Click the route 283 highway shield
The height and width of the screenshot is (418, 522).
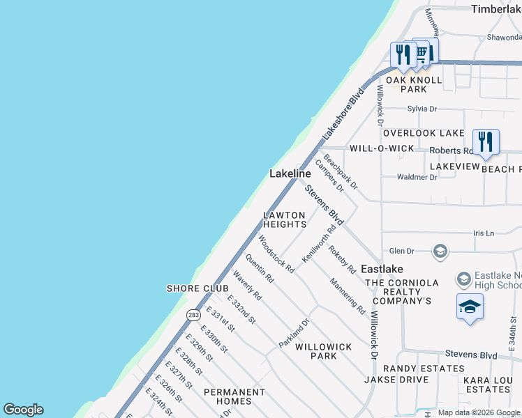pos(193,315)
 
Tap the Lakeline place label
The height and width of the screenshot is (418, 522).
pos(290,173)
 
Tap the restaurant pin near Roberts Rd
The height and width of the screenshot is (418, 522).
pos(486,142)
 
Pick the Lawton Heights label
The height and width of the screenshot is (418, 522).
pos(285,219)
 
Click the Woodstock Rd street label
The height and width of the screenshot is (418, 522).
pos(275,254)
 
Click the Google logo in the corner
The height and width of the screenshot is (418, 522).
pos(23,410)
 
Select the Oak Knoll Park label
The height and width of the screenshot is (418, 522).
pos(416,84)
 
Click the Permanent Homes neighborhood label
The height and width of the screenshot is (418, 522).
pos(234,396)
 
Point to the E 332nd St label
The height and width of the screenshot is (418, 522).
pos(241,310)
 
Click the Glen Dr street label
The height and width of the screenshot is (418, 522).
pos(401,251)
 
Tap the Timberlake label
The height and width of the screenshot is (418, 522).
pos(495,9)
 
